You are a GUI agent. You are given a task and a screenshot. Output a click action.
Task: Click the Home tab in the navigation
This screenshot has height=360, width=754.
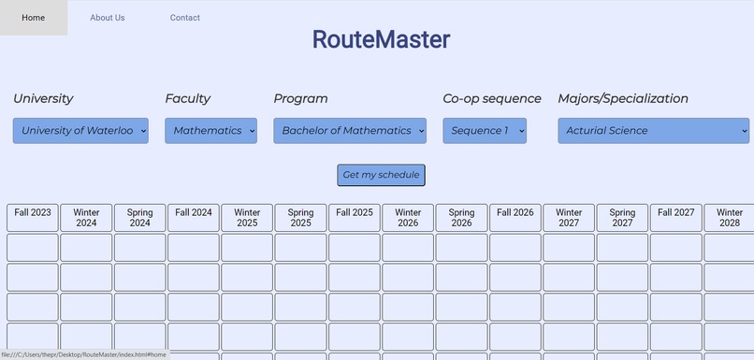pos(33,18)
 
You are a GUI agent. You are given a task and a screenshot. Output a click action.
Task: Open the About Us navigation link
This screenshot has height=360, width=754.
pos(108,18)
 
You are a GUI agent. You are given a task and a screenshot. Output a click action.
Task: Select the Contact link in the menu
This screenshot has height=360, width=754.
pos(184,18)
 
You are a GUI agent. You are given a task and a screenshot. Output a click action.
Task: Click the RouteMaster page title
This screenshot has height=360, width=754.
pos(381,39)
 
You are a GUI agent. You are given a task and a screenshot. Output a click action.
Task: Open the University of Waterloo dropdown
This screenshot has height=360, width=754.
pos(80,131)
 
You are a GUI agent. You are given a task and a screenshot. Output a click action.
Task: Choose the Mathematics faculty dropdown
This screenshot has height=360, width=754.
pos(211,131)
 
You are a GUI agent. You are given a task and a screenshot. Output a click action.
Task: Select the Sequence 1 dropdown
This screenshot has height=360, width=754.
pos(485,131)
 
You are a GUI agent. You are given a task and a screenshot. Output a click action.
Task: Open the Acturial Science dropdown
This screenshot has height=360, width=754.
pos(653,131)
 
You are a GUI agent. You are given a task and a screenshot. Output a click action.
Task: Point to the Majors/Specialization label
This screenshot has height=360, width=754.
pos(623,98)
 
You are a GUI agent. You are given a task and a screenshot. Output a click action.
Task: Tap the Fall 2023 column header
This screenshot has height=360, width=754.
pos(33,218)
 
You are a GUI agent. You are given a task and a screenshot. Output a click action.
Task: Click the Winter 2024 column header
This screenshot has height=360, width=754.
pos(86,218)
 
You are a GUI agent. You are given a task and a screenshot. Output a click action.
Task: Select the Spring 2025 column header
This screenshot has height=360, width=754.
pos(300,218)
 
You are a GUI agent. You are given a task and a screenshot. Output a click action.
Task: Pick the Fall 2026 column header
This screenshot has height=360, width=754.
pos(515,218)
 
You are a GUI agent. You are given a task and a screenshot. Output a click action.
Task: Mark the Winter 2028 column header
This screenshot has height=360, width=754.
pos(730,218)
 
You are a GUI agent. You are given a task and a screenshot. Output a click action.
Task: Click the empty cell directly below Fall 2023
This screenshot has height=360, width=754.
pos(33,248)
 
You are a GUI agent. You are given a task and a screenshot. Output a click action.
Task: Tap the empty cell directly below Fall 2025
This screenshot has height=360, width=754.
pos(355,248)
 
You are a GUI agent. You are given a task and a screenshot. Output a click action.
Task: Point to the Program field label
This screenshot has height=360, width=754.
pos(300,98)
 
